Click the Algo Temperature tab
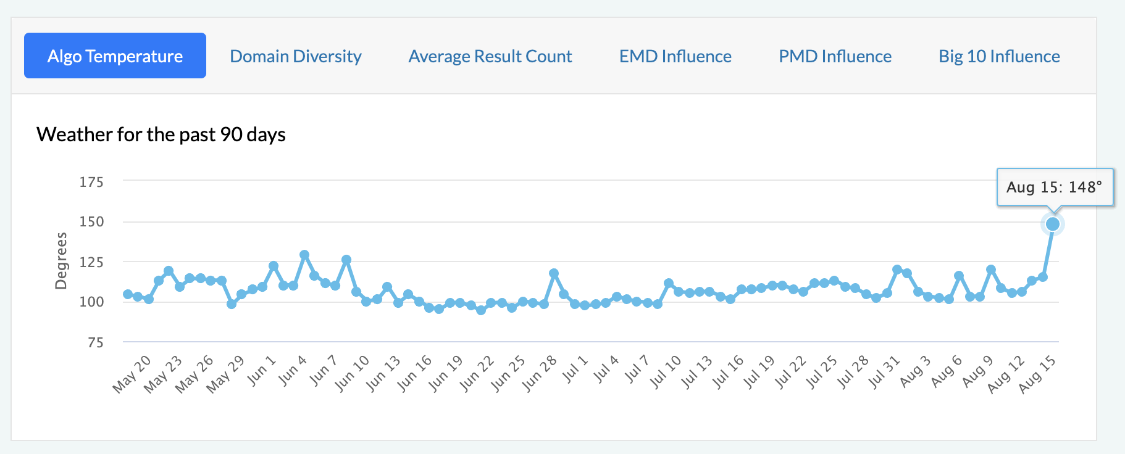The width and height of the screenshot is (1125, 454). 115,56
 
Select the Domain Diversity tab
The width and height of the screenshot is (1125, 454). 296,56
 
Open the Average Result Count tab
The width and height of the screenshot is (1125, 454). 490,56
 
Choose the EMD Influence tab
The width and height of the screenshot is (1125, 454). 675,56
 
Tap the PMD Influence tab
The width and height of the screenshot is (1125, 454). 835,56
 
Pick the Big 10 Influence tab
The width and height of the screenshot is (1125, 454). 999,56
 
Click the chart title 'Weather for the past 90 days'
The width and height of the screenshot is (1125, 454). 161,134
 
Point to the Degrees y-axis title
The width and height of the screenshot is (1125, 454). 61,261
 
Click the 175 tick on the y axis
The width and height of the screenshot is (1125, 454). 91,182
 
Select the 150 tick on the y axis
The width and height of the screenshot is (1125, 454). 91,221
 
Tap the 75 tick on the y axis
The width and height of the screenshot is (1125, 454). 95,342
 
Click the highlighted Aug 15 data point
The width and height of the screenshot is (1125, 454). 1053,224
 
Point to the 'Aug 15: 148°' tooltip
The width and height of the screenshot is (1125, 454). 1055,187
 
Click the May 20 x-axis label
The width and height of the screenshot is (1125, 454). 132,374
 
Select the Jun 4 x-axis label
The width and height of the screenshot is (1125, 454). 292,370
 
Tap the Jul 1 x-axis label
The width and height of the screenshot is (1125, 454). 574,369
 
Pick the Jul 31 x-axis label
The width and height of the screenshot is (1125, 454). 884,373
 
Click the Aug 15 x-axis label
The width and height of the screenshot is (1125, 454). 1037,374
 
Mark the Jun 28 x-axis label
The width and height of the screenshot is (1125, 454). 539,374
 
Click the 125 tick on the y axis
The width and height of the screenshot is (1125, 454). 91,262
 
